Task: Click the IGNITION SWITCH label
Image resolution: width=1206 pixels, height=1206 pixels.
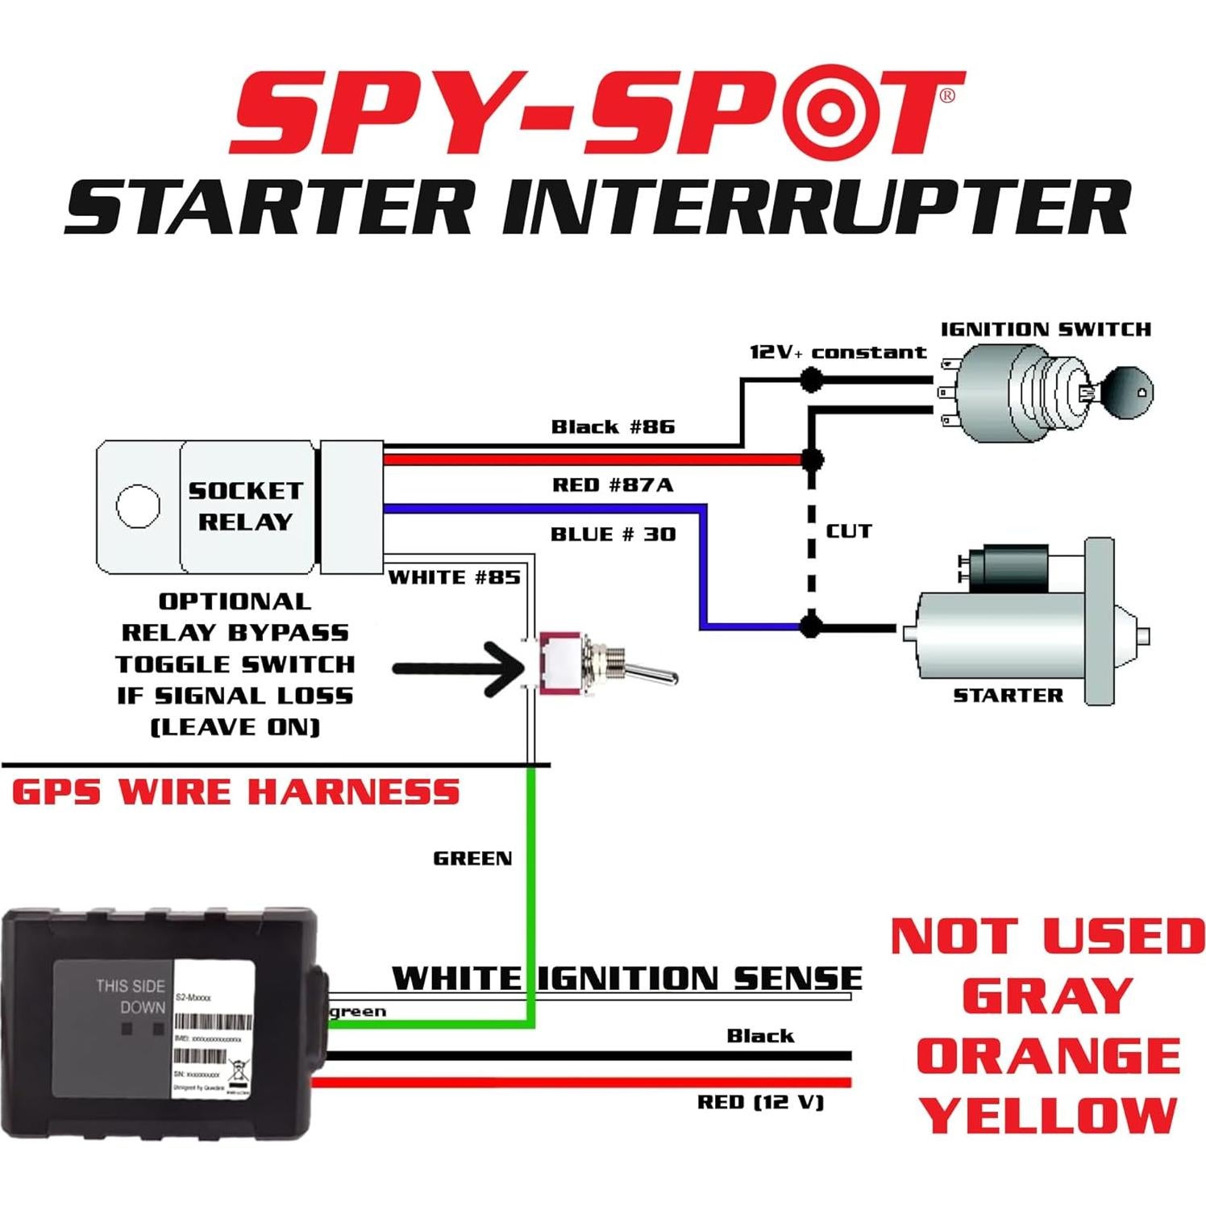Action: coord(1046,329)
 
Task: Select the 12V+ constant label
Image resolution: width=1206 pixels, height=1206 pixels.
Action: coord(838,352)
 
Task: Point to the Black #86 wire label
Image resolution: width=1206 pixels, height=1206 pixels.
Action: coord(613,426)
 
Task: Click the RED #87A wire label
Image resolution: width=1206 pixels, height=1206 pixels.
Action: coord(613,484)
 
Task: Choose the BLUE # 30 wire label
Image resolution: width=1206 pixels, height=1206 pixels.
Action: coord(613,534)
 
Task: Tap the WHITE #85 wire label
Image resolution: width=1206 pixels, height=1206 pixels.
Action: coord(454,577)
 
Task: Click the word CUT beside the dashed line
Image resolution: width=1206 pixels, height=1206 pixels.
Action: coord(849,531)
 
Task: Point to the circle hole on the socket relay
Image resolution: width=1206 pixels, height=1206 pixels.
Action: coord(138,506)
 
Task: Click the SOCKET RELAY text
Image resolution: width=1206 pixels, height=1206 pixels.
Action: coord(245,506)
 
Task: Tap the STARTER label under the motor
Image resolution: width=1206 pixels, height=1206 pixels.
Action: coord(1008,695)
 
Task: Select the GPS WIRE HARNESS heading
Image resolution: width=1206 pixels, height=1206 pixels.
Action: coord(235,792)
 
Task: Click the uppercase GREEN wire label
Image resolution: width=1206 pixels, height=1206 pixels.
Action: coord(472,859)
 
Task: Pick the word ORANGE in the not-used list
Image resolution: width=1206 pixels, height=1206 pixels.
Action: coord(1048,1056)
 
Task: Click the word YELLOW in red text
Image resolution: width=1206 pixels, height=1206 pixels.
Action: coord(1048,1117)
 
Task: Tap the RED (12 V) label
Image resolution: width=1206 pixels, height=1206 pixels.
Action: coord(760,1102)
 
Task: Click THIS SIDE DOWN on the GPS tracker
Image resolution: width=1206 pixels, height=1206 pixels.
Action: coord(131,996)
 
